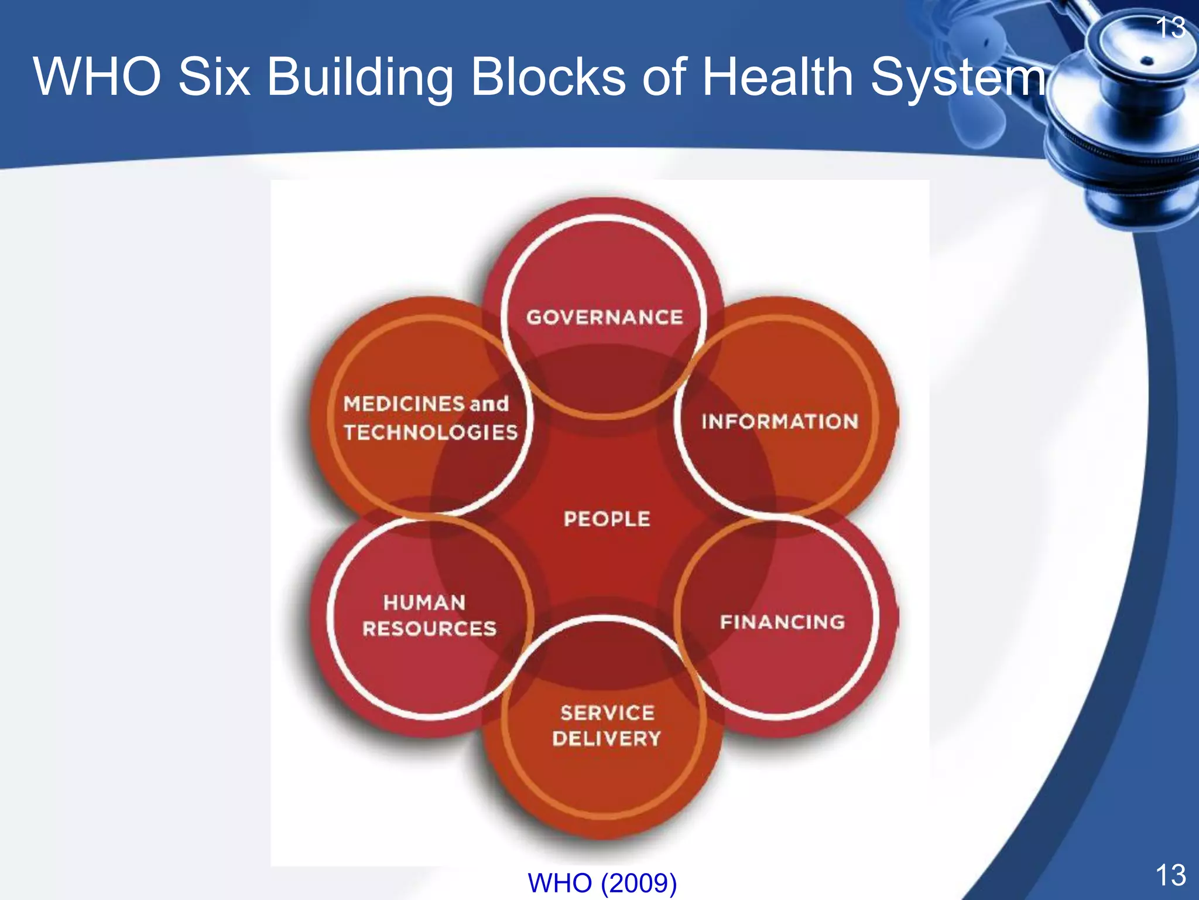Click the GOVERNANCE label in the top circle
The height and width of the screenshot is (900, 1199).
click(x=604, y=317)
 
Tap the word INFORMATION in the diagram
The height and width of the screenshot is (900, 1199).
click(x=780, y=421)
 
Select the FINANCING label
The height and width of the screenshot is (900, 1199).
click(x=782, y=622)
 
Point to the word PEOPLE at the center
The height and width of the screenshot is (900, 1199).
click(x=607, y=519)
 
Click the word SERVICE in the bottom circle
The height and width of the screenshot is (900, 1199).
click(x=607, y=712)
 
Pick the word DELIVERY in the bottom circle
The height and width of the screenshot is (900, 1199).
click(x=607, y=738)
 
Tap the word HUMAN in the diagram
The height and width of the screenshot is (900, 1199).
click(x=424, y=602)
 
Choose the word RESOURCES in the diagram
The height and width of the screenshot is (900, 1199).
click(x=429, y=629)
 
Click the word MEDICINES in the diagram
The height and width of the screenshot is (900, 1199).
click(x=404, y=404)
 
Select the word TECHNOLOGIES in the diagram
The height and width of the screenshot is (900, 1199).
click(x=430, y=432)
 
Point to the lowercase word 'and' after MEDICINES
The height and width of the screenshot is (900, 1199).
click(x=489, y=404)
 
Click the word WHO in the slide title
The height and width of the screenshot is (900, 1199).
click(x=97, y=77)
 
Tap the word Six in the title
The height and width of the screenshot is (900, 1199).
click(x=214, y=77)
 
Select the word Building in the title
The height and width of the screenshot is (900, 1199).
click(x=360, y=78)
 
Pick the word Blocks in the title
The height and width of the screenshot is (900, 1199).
click(x=548, y=77)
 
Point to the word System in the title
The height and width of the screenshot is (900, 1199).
click(x=958, y=78)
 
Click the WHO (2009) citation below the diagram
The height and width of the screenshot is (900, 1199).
click(x=602, y=882)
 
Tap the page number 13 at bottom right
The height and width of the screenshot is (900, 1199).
click(x=1170, y=875)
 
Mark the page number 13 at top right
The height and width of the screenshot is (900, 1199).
click(x=1171, y=28)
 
